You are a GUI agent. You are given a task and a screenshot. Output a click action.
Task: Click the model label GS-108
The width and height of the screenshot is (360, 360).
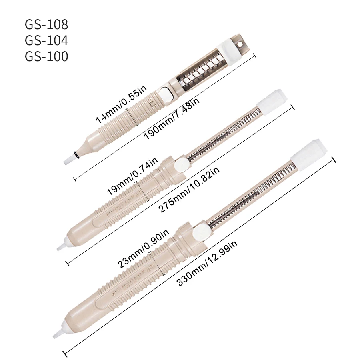[x=46, y=24]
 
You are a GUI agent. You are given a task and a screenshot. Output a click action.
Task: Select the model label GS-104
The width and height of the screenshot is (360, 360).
[x=46, y=40]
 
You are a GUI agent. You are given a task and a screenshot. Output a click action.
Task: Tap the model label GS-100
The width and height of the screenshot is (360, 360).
[x=46, y=56]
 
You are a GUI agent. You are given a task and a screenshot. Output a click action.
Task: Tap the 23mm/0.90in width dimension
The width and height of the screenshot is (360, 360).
[x=143, y=248]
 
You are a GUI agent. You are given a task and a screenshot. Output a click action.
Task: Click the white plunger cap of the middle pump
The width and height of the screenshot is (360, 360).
[x=272, y=98]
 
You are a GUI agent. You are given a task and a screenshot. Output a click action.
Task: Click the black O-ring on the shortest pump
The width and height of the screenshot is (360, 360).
[x=76, y=154]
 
